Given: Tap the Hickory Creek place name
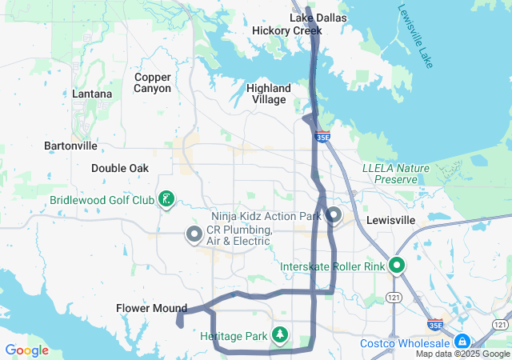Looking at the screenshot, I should [x=286, y=30].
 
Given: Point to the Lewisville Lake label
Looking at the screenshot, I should [x=414, y=37].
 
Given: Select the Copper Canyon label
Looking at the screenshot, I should [x=153, y=82].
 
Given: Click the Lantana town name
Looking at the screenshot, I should [x=92, y=94].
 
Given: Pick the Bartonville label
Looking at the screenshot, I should [x=70, y=146].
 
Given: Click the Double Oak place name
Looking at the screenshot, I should [x=120, y=168].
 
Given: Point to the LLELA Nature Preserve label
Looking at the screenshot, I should [x=396, y=174].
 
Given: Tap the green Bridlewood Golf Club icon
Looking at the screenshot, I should [x=166, y=199].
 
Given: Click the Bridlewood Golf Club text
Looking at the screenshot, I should [x=102, y=200].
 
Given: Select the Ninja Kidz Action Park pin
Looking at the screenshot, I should [x=334, y=215].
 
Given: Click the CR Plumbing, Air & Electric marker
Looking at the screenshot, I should [x=194, y=234].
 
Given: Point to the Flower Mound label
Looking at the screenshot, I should [x=151, y=308].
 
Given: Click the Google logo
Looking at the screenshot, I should [x=26, y=350].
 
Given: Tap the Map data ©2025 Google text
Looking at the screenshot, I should [x=462, y=354].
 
